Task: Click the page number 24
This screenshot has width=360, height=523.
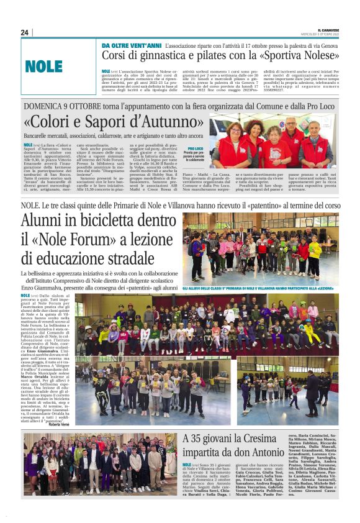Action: (25, 32)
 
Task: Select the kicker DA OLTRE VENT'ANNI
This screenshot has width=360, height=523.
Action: (132, 47)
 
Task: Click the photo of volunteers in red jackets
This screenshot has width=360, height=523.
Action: (274, 142)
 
